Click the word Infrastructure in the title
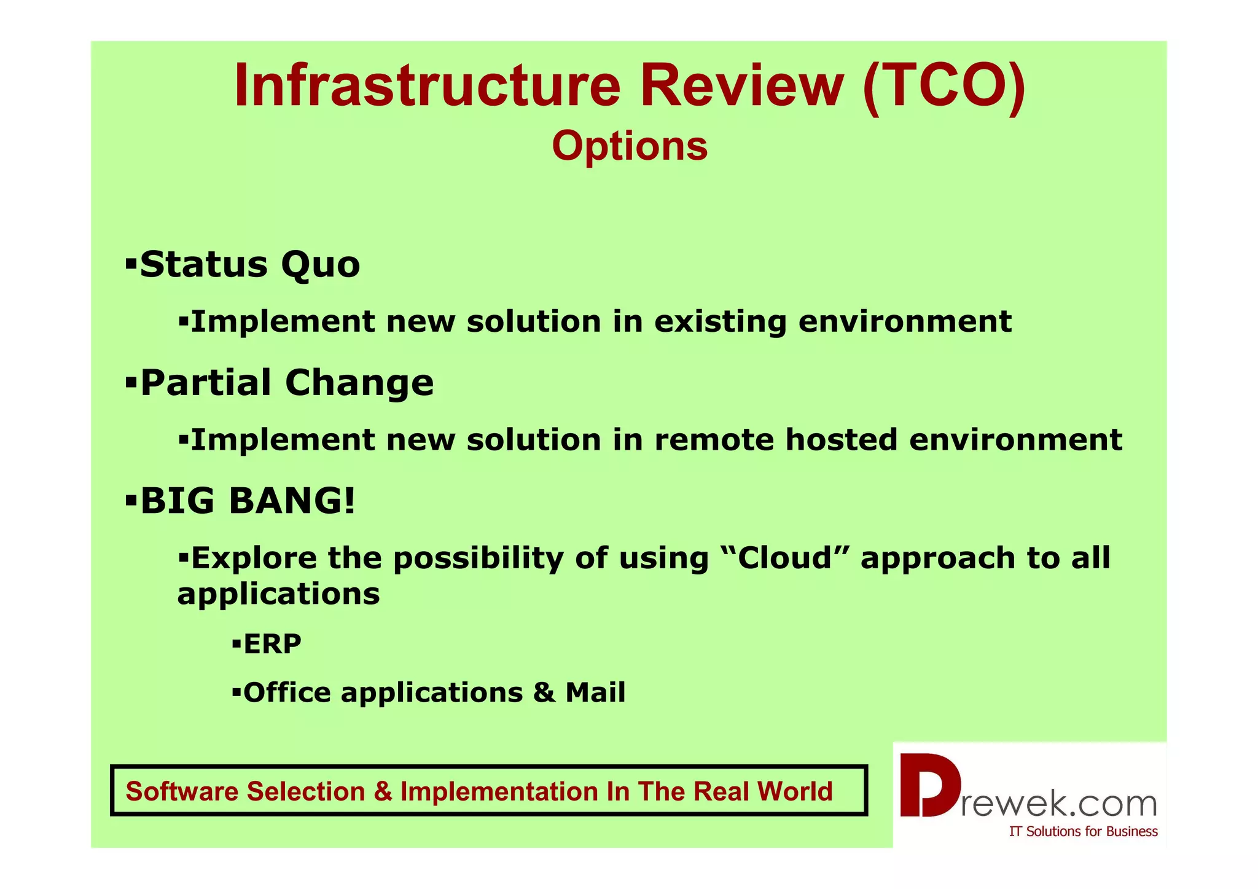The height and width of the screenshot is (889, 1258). pos(427,86)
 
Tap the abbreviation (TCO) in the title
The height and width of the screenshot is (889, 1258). pos(944,86)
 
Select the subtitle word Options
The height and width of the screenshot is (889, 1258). pos(630,146)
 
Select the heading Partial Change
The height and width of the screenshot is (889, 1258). pos(287,383)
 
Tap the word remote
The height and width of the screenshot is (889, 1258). pos(714,440)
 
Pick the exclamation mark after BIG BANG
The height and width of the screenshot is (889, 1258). pos(350,500)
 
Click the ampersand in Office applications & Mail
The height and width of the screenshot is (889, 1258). pos(543,693)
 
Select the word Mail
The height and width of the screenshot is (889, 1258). pos(595,692)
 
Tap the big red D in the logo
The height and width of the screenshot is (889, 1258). pos(929,786)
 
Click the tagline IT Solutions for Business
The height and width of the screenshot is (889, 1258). pos(1083,831)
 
